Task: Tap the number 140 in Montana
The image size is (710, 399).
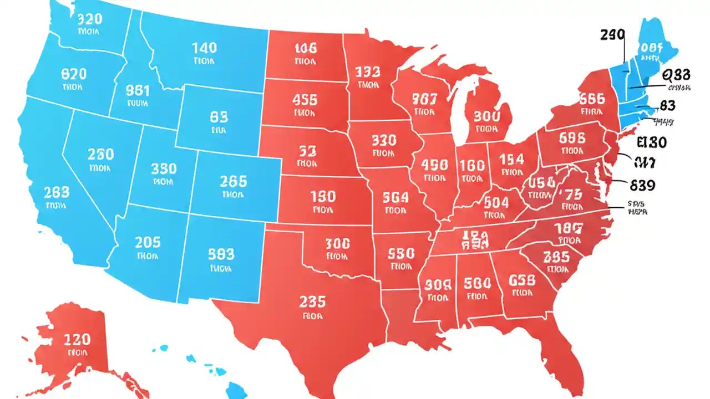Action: tap(204, 48)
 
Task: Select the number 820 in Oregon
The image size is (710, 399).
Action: tap(73, 74)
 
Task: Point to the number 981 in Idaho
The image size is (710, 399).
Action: tap(138, 90)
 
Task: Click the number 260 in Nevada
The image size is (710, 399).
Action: tap(100, 154)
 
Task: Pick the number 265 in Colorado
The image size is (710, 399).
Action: tap(233, 181)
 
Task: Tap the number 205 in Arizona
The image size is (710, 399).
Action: tap(148, 242)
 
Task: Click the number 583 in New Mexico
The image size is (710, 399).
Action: tap(221, 254)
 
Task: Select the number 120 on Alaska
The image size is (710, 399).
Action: tap(78, 339)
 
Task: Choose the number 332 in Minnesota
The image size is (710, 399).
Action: tap(367, 73)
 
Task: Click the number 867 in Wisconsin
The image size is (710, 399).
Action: tap(425, 99)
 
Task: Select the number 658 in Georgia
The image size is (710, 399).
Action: tap(522, 279)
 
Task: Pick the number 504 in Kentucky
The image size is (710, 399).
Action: tap(496, 202)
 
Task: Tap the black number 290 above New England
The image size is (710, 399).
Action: tap(612, 35)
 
